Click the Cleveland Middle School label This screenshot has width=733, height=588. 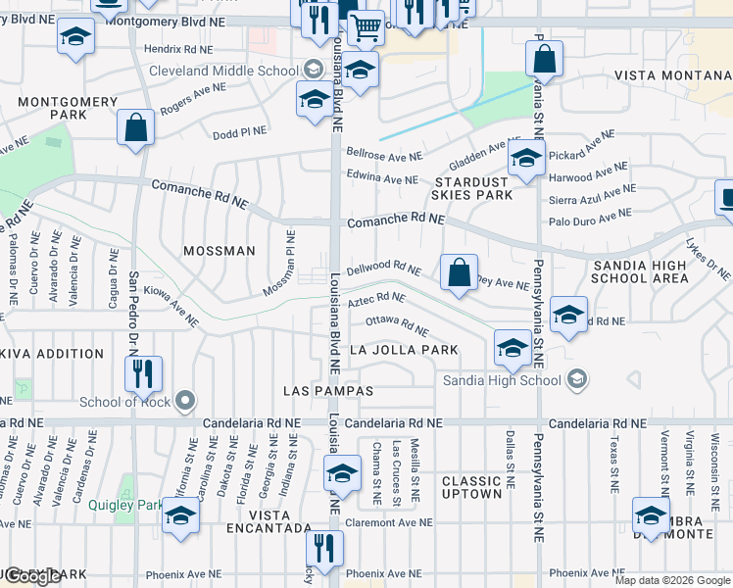coord(223,71)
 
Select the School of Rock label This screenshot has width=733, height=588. coord(124,402)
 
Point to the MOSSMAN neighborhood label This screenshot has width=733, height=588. coord(220,251)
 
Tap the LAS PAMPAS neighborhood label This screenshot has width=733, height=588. coord(328,391)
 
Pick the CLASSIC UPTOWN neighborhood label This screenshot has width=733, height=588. coord(471,487)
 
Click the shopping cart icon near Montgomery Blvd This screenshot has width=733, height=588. coord(366,28)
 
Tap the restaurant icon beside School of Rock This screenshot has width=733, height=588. coord(143,373)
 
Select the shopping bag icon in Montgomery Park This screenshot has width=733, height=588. coord(135,127)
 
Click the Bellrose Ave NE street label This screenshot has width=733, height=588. coord(385,155)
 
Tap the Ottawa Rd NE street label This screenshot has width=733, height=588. coord(397,326)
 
